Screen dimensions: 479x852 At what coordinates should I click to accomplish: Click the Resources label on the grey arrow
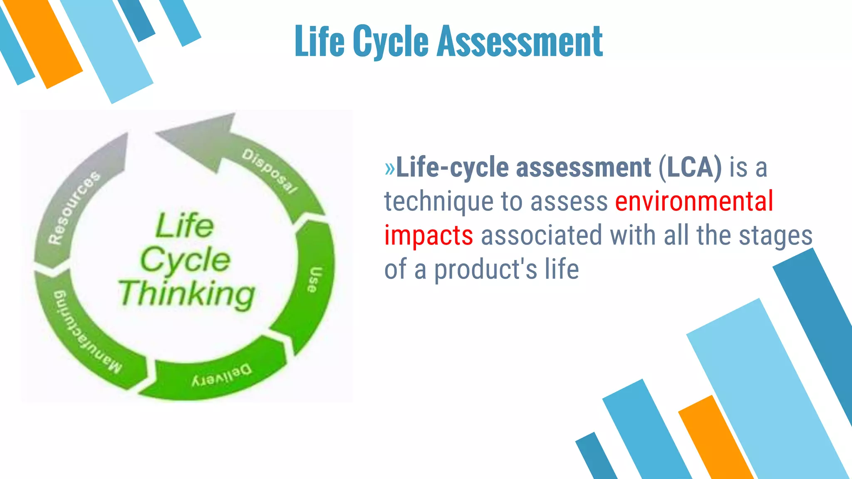point(74,207)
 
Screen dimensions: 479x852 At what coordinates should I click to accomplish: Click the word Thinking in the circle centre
point(187,294)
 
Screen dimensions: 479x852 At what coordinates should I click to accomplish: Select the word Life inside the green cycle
point(185,226)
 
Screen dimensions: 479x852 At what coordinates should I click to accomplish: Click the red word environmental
point(694,201)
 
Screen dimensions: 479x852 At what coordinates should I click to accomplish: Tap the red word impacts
point(428,235)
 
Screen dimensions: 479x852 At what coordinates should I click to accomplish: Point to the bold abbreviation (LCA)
point(690,167)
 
